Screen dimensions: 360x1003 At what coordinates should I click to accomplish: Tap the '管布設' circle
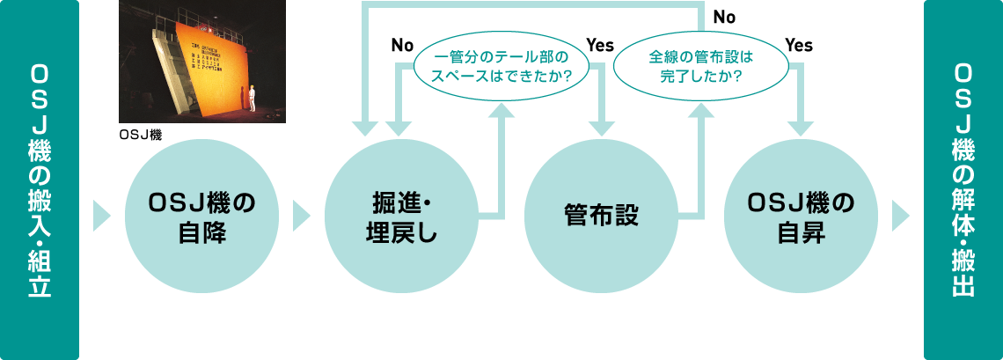(601, 214)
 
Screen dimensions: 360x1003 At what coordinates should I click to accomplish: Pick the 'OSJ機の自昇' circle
(801, 214)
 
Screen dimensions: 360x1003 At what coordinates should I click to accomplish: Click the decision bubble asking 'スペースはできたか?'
(502, 67)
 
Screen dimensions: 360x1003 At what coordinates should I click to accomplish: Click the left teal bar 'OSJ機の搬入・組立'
(40, 180)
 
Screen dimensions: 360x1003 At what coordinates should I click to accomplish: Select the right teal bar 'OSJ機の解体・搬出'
(963, 180)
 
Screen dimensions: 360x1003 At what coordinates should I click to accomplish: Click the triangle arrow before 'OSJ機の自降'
(101, 214)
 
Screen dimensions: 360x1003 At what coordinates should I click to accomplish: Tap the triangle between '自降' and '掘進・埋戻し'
(301, 214)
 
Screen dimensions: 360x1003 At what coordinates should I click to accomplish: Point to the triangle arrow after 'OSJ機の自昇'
(901, 214)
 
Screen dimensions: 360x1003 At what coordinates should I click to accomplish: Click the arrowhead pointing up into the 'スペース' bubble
(502, 110)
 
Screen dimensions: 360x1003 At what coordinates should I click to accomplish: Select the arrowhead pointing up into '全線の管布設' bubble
(701, 110)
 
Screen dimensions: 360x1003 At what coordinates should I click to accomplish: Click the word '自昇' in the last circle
(801, 234)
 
